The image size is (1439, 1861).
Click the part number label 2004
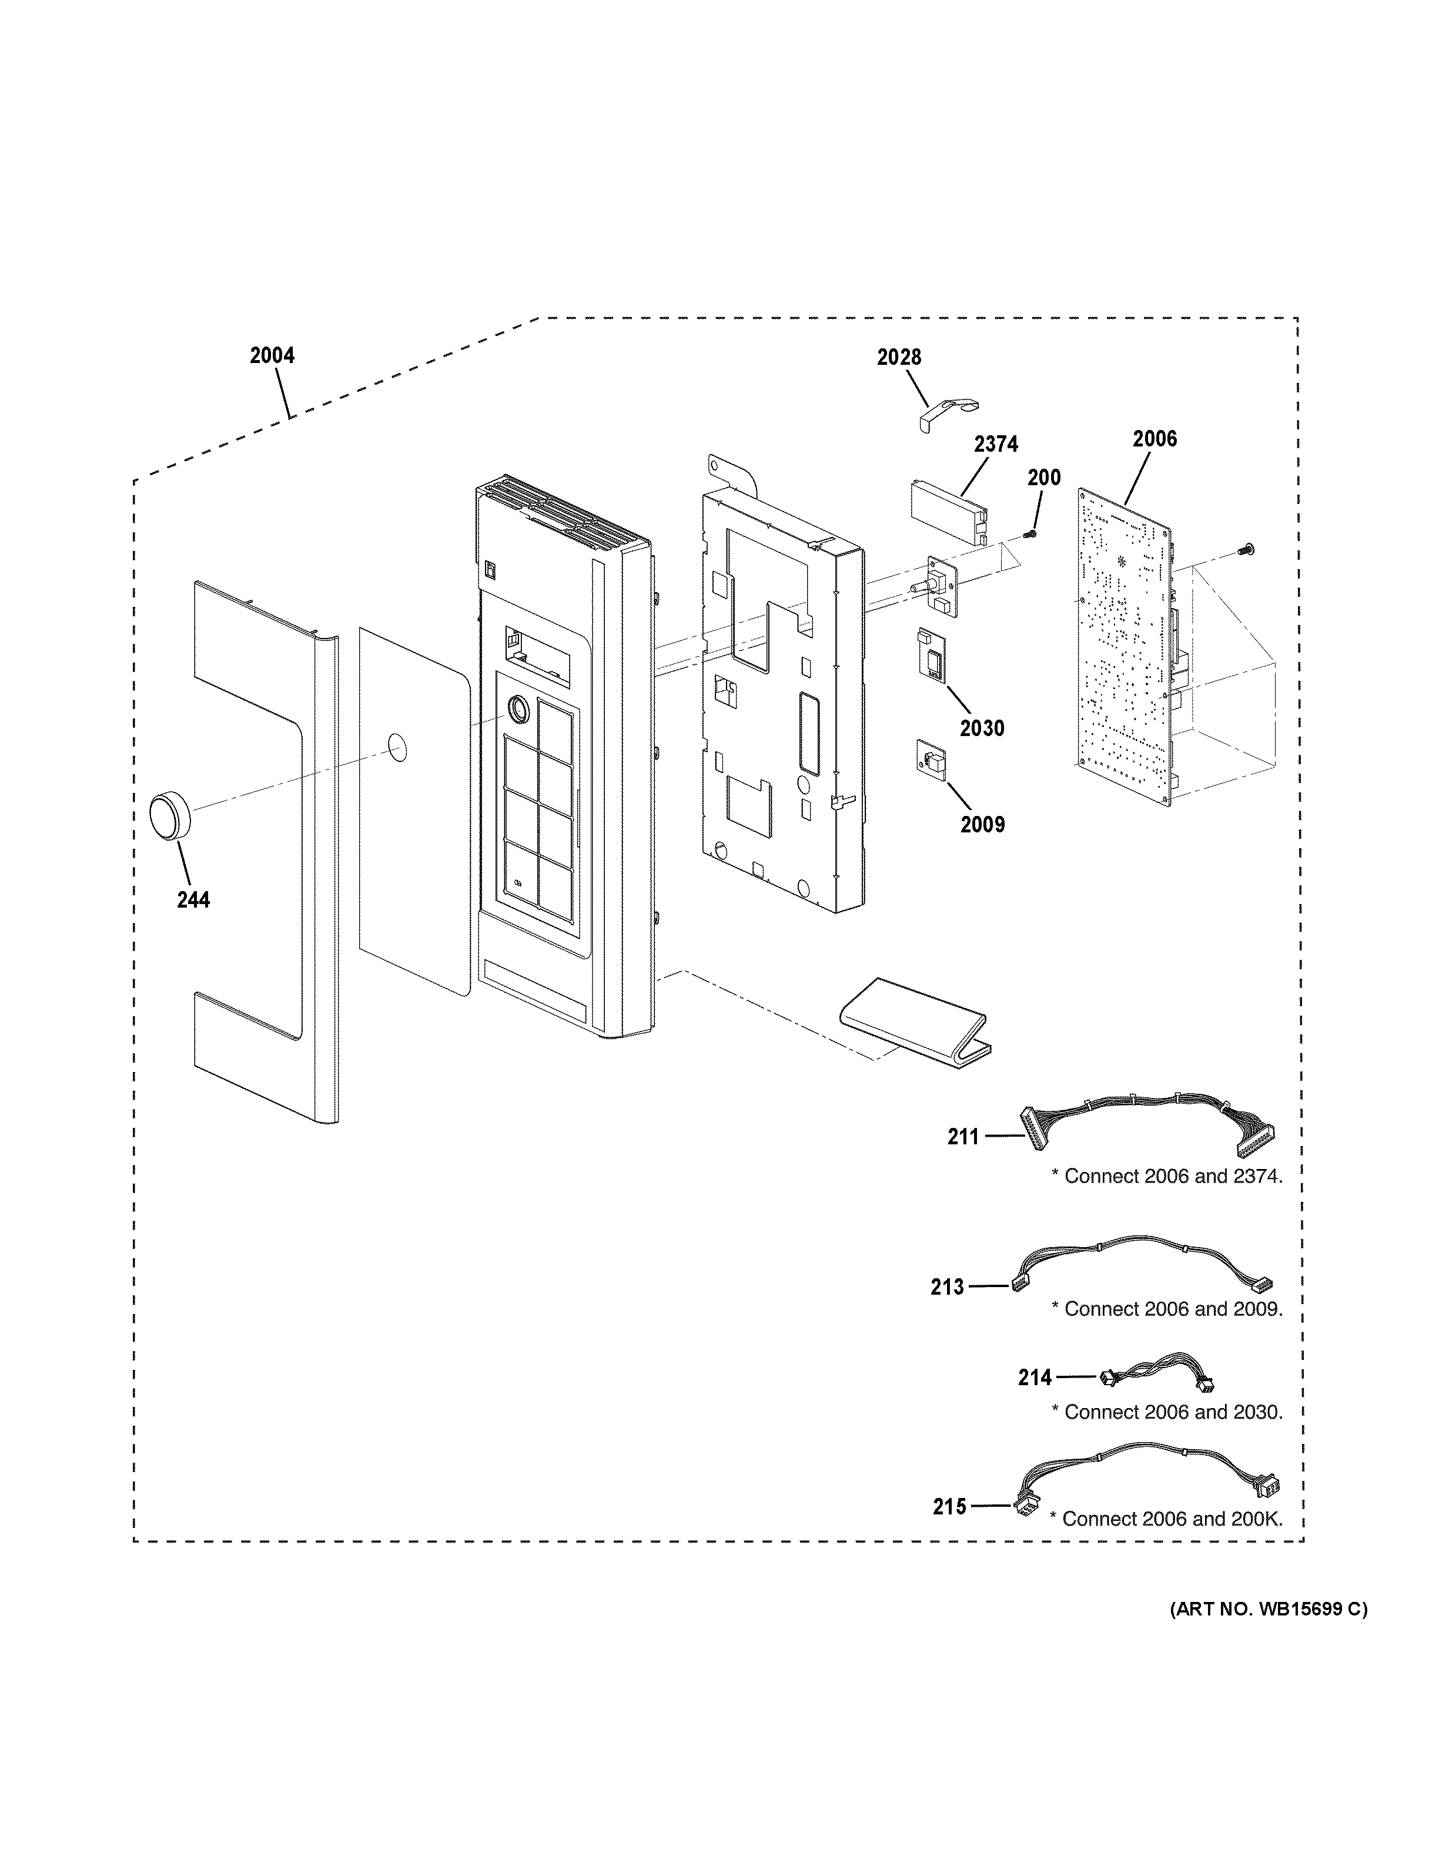(272, 355)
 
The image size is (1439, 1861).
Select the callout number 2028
(899, 357)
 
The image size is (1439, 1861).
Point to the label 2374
(996, 444)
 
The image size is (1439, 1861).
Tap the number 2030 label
(982, 728)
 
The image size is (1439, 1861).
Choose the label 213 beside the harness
(947, 1286)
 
